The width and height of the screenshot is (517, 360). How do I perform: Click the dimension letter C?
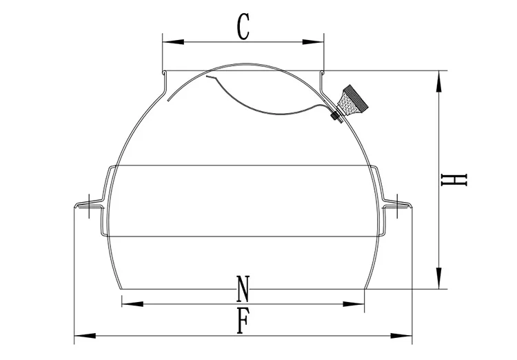click(x=243, y=27)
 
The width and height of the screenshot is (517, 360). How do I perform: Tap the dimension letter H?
click(x=454, y=180)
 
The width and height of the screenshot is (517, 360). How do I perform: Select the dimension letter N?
click(x=243, y=289)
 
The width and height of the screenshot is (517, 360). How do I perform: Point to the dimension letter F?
click(x=243, y=321)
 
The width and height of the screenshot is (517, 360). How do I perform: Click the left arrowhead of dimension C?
click(x=173, y=42)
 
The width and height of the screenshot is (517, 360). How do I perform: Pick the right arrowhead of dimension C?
click(x=313, y=42)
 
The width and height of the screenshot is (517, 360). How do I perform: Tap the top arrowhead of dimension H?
click(x=438, y=81)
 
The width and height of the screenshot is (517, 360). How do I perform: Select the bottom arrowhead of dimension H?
click(x=438, y=278)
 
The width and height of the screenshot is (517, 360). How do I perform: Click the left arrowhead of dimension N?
click(x=132, y=303)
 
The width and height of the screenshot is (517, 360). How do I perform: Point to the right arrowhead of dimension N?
click(x=354, y=303)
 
